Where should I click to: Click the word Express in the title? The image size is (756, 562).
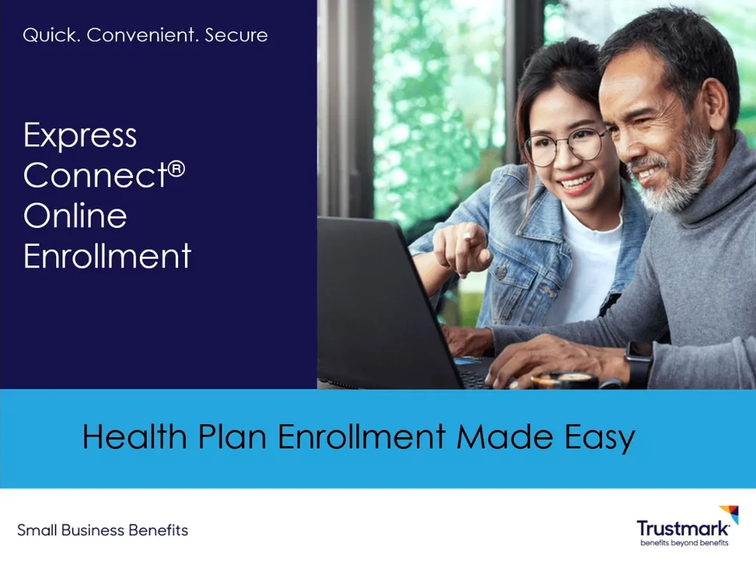click(x=80, y=136)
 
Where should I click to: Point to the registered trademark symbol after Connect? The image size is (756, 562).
click(x=177, y=168)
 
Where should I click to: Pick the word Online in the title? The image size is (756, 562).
click(x=75, y=216)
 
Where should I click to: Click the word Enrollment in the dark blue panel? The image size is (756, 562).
click(x=107, y=256)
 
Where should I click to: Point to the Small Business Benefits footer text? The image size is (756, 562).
click(x=102, y=531)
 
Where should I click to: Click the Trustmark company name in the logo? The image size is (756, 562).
click(x=682, y=529)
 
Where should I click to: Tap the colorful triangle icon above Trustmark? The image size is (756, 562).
click(x=729, y=514)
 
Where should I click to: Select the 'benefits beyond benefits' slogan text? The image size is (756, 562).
click(x=683, y=542)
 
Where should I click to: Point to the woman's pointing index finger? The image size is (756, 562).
click(x=469, y=235)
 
